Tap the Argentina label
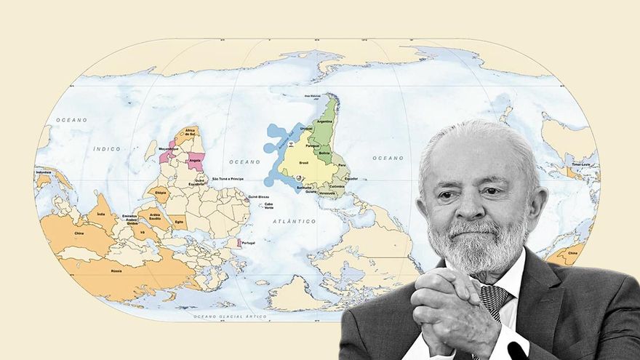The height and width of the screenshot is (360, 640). coord(325,122)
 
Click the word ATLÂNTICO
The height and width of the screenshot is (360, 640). coord(295,220)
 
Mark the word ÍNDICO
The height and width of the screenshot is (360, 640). coord(106,148)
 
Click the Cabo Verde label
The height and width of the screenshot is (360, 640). coord(269,205)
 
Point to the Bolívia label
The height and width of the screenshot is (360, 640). coord(324,153)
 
